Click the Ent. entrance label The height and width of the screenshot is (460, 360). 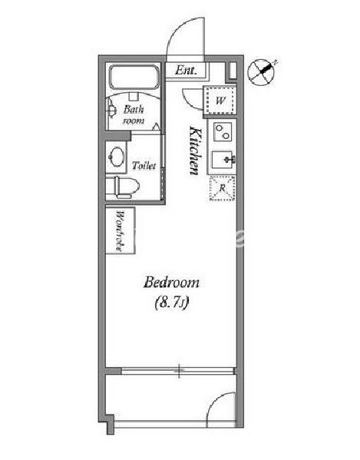(x=186, y=71)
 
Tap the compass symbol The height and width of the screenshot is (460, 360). (x=261, y=72)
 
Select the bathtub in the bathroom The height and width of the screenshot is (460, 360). (x=134, y=77)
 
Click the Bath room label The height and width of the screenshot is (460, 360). (x=134, y=114)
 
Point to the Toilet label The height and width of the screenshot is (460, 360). (x=144, y=166)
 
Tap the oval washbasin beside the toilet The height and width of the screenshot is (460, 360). (x=117, y=157)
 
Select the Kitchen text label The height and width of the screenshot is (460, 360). (x=195, y=151)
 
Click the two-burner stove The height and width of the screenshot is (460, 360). (x=223, y=132)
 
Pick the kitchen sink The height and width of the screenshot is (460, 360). (x=223, y=160)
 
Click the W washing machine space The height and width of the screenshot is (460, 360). (x=220, y=100)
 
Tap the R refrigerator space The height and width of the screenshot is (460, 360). (x=223, y=188)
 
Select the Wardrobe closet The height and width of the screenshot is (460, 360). (x=121, y=230)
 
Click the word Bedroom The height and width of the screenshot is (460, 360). (x=171, y=283)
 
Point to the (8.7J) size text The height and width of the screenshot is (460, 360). (x=171, y=303)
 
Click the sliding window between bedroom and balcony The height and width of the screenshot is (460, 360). (x=178, y=371)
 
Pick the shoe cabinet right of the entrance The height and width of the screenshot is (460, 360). (x=233, y=71)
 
